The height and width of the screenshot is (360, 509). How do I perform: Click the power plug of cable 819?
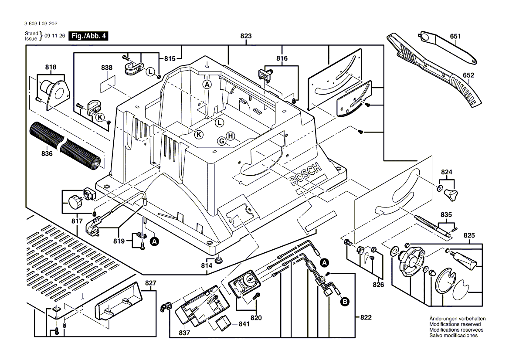(x=95, y=227)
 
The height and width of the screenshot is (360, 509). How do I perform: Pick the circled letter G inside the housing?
(x=222, y=141)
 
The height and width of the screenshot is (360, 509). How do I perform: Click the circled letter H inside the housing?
(x=231, y=136)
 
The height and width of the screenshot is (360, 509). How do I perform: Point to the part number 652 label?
(x=468, y=75)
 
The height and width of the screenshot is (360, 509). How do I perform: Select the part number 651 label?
(x=455, y=37)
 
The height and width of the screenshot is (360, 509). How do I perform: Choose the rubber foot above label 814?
(x=218, y=260)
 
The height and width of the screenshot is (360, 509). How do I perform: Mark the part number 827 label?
(x=150, y=283)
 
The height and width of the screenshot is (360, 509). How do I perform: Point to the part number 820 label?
(x=256, y=318)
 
